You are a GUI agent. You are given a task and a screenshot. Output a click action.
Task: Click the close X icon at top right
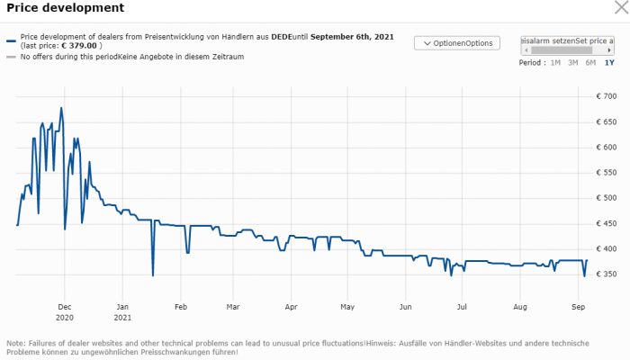tap(618, 8)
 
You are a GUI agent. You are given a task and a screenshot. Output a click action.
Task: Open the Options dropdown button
tap(456, 43)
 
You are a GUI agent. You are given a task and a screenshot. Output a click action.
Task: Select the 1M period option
tap(555, 63)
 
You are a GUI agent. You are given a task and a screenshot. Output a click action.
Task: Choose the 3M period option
tap(573, 63)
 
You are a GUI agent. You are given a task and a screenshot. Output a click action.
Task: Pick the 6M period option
tap(590, 63)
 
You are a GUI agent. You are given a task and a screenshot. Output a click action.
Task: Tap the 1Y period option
tap(609, 63)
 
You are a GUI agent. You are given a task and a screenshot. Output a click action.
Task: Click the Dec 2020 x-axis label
tap(65, 312)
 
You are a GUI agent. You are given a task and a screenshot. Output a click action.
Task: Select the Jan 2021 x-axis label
tap(123, 312)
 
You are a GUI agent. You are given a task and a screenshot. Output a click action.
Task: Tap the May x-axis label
tap(348, 307)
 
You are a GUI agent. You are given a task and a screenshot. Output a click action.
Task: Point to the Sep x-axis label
tap(576, 307)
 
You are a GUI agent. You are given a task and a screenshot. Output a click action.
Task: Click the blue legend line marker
tap(11, 40)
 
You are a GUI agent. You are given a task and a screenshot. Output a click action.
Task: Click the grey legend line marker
tap(11, 57)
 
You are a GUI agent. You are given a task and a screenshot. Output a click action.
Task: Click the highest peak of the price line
tap(61, 108)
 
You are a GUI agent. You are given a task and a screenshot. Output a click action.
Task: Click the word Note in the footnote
tap(16, 344)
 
